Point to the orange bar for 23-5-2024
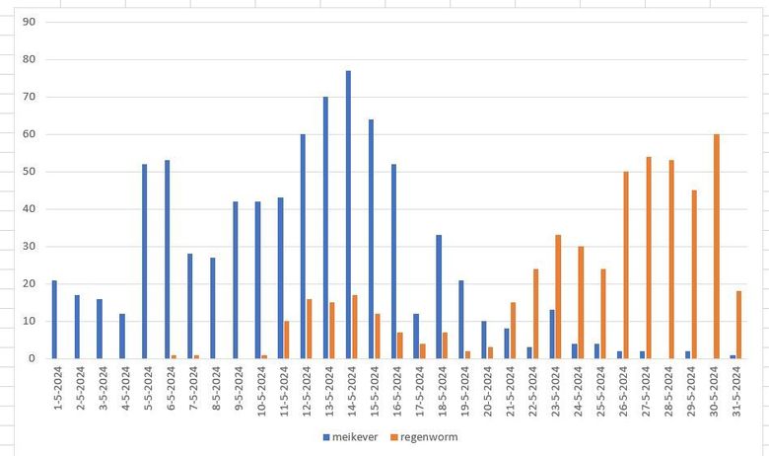click(558, 296)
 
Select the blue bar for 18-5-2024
click(438, 296)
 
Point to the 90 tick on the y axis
click(30, 22)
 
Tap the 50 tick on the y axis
click(30, 172)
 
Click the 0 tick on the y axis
click(33, 358)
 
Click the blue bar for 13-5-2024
click(325, 227)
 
